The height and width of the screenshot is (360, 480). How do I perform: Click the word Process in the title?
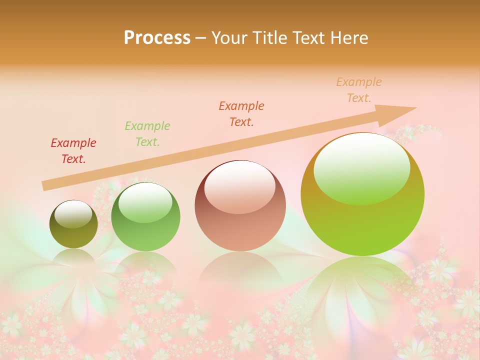coord(157,38)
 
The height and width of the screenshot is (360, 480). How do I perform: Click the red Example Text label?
coord(73,151)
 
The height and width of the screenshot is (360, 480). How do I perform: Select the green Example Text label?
coord(147,134)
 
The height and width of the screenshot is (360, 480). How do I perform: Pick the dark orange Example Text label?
coord(241,114)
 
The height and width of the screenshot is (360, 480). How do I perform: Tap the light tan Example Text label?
coord(359,90)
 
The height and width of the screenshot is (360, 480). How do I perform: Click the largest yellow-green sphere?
coord(362,225)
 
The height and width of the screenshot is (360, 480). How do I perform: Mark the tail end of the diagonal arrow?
coord(44,186)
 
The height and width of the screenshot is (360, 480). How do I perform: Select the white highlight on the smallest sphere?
coord(73,214)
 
